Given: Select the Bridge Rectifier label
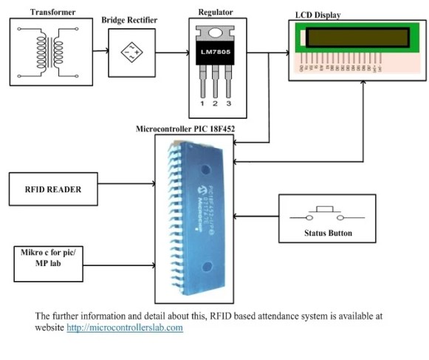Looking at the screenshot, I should [129, 19].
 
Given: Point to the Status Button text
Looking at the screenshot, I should [328, 234].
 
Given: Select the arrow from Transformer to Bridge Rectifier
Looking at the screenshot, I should [97, 52].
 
